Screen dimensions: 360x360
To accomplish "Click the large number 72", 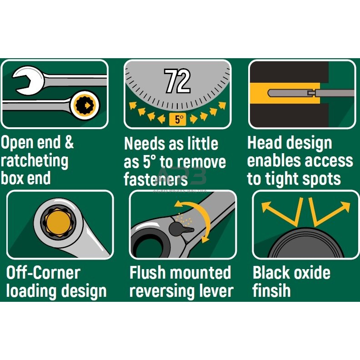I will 177,81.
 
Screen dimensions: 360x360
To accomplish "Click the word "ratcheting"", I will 35,161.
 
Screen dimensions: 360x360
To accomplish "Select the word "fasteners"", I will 155,179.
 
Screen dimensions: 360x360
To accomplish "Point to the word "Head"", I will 264,143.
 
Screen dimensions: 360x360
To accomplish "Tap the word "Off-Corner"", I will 43,273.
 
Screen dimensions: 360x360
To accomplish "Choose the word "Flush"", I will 147,273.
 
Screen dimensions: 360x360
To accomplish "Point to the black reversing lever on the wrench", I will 178,228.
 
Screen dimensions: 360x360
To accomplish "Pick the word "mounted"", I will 200,273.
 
